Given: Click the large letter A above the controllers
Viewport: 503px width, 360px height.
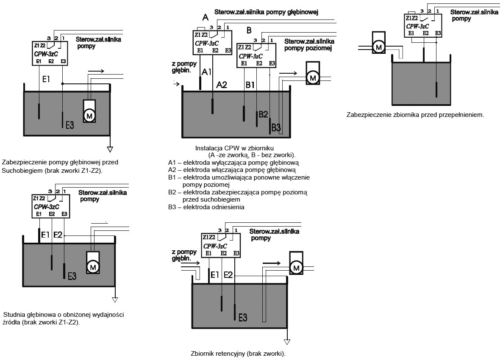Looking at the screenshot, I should pos(206,18).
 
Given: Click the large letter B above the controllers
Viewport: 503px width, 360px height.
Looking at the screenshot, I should pos(249,30).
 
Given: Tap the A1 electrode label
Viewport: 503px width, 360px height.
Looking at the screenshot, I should pos(207,72).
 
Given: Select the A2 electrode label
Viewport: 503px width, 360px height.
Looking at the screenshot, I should pos(222,85).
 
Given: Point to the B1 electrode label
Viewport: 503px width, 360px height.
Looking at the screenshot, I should pos(250,85).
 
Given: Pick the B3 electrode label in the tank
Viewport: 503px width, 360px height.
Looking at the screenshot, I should pos(276,127).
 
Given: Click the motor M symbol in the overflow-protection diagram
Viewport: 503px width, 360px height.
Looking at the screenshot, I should pos(378,48).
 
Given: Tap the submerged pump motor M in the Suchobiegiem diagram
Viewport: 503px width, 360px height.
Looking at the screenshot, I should pos(89,115).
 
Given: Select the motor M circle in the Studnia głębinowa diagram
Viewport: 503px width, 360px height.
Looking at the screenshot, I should pos(93,266).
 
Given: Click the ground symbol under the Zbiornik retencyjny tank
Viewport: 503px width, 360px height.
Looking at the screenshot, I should pos(287,342).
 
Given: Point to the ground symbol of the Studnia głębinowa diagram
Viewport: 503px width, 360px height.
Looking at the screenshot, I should pos(114,300).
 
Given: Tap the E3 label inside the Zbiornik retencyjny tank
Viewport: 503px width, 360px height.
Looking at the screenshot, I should pos(243,318).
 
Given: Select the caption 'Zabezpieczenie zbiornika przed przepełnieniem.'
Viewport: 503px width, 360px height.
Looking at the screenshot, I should pos(415,115).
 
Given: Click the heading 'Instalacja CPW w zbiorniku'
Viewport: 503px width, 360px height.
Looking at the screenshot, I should pos(235,148).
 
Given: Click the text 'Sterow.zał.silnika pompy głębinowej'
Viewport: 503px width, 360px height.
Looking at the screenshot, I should pos(266,12).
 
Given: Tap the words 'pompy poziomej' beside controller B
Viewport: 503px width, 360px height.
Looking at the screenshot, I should pos(307,48).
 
